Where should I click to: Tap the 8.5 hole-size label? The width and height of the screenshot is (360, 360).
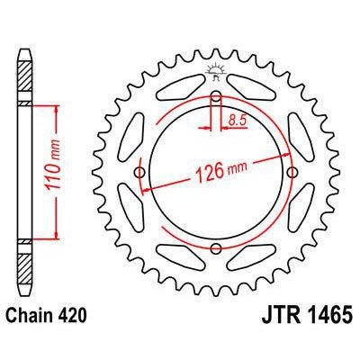238,116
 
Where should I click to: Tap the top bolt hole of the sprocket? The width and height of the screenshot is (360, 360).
216,98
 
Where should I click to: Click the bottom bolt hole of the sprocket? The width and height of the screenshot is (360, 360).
216,249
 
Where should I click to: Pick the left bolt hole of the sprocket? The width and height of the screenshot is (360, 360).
140,174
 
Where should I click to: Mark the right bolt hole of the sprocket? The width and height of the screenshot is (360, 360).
292,174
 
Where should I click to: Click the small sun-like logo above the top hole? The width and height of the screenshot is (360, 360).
216,69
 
